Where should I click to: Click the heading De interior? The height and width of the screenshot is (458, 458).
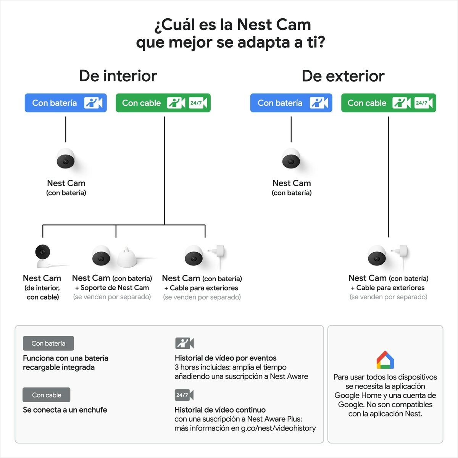pyautogui.click(x=118, y=76)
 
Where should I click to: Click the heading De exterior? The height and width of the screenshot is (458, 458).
pyautogui.click(x=343, y=76)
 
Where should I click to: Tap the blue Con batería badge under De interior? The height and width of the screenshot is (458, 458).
pyautogui.click(x=66, y=103)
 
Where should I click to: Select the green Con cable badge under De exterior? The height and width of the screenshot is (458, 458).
pyautogui.click(x=389, y=103)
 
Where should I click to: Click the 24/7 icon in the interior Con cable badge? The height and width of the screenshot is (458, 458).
pyautogui.click(x=198, y=103)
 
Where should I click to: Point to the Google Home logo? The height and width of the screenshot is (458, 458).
pyautogui.click(x=385, y=360)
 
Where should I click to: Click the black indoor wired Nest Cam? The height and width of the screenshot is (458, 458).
pyautogui.click(x=43, y=256)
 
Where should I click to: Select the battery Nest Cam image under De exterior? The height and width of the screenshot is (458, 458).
pyautogui.click(x=291, y=158)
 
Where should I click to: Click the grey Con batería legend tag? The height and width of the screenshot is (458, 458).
pyautogui.click(x=48, y=343)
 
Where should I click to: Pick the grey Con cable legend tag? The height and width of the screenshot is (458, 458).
pyautogui.click(x=46, y=395)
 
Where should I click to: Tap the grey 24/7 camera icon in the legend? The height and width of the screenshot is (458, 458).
pyautogui.click(x=184, y=395)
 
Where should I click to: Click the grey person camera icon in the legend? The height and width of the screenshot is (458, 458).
pyautogui.click(x=184, y=343)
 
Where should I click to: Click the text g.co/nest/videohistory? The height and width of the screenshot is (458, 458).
pyautogui.click(x=278, y=428)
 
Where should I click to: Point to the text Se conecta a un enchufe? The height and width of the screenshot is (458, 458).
pyautogui.click(x=65, y=410)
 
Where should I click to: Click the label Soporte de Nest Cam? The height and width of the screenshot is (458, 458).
pyautogui.click(x=115, y=288)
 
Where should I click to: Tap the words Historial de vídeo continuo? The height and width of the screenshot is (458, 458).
pyautogui.click(x=220, y=410)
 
